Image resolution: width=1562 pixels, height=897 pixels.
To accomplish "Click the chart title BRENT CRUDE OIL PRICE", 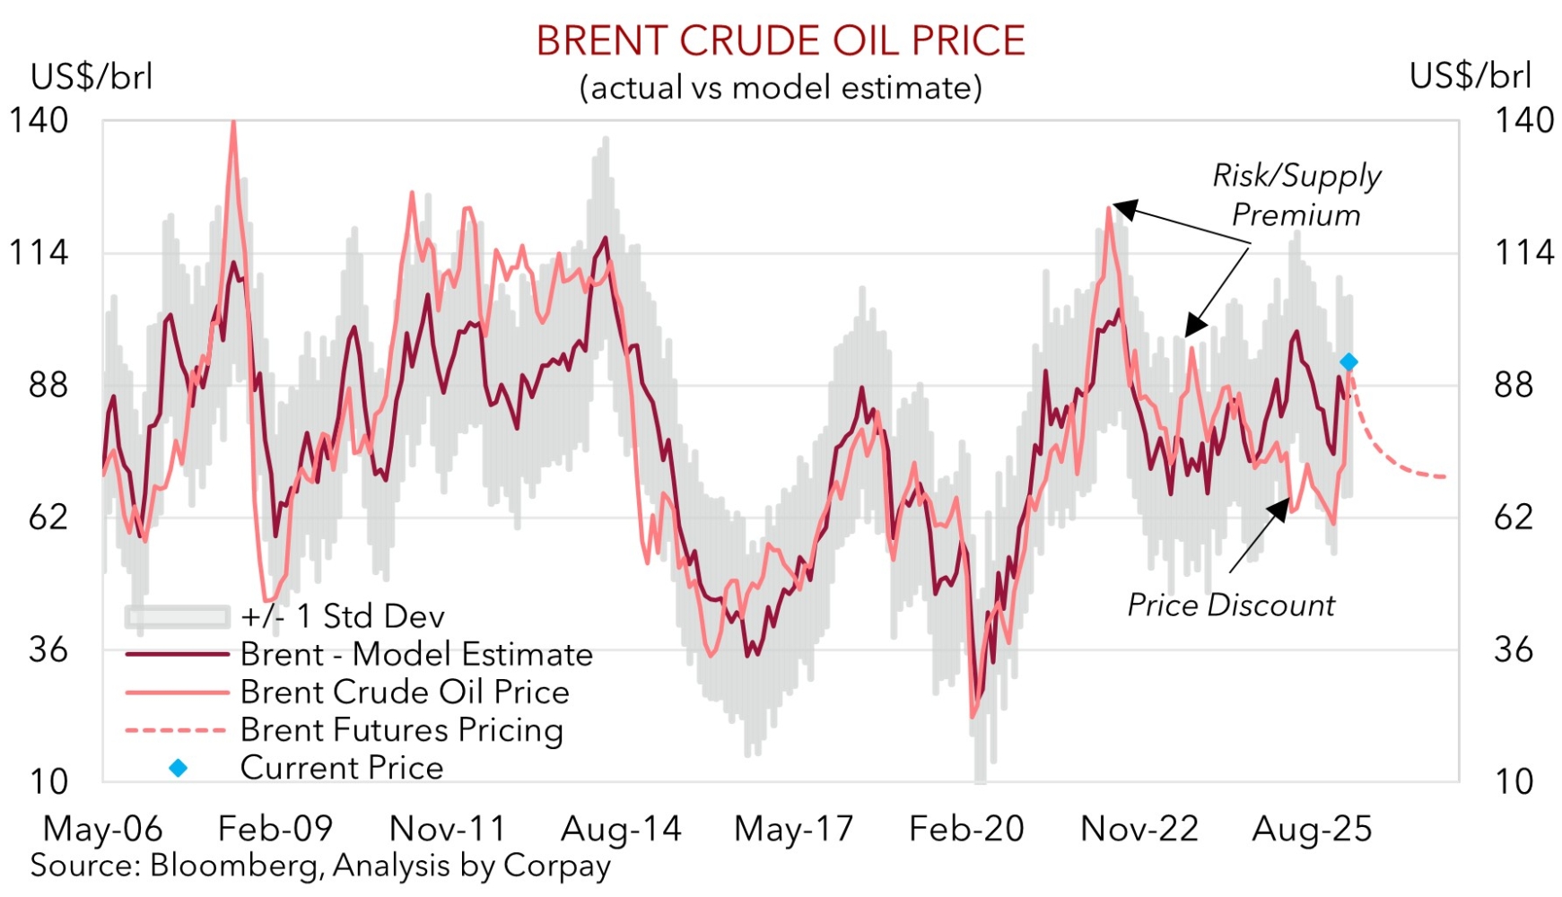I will point(780,41).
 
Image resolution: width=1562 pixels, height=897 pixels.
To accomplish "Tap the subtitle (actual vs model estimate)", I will point(780,88).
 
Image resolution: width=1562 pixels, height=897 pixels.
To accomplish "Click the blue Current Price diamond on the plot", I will point(1348,361).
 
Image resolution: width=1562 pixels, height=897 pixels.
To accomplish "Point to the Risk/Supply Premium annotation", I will point(1296,195).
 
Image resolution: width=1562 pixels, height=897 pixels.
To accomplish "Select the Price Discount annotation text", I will point(1230,605).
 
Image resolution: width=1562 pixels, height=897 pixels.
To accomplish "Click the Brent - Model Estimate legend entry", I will point(416,654).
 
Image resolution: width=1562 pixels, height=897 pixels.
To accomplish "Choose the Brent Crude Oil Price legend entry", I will point(405,692).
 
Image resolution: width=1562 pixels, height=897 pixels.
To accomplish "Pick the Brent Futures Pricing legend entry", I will point(401,729).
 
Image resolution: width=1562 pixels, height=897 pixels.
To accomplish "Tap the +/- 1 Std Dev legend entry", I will point(342,616).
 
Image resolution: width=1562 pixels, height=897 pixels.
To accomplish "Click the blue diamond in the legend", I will point(179,768).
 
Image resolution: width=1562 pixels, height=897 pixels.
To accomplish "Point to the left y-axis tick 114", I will point(38,253).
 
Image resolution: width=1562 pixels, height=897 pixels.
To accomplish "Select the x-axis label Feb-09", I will point(275,829).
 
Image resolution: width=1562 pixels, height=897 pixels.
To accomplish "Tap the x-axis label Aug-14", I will point(621,829).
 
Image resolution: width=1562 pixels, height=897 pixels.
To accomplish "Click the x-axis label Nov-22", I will point(1139,829).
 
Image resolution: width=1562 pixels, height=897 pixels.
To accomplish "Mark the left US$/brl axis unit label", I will point(92,76).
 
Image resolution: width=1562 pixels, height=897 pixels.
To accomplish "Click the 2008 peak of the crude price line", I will point(233,124).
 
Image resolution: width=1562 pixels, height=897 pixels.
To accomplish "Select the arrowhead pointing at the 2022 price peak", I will point(1121,209).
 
